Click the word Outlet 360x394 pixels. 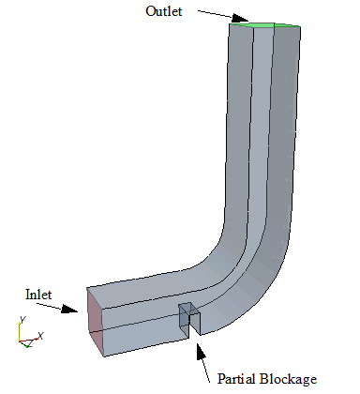click(x=164, y=11)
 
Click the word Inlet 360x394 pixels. click(x=38, y=295)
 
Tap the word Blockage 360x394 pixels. click(x=288, y=380)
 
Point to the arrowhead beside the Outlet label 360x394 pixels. click(x=240, y=18)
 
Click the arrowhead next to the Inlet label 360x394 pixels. click(x=69, y=309)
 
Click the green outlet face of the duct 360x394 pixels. click(x=265, y=25)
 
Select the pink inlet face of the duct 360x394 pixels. click(x=95, y=322)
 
